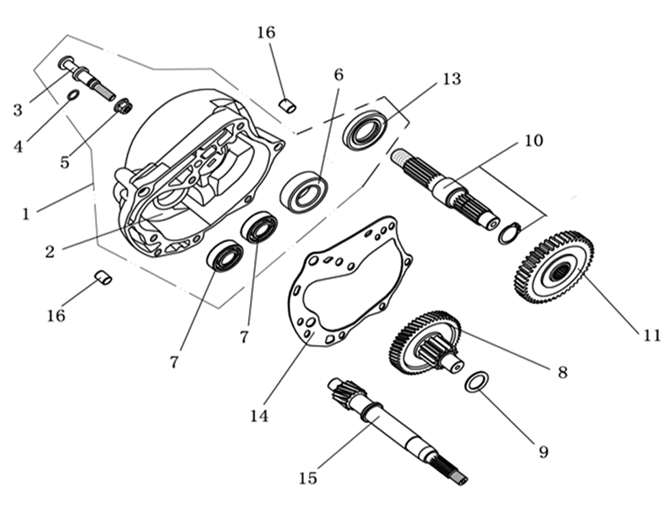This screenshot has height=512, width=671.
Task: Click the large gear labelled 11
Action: [554, 268]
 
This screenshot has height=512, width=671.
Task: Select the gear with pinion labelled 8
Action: [425, 342]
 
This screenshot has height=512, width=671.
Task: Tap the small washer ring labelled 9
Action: [477, 382]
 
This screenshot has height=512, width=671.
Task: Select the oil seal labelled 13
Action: [365, 129]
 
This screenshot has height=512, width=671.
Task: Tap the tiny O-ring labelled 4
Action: [73, 94]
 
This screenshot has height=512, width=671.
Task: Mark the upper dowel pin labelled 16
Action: [289, 105]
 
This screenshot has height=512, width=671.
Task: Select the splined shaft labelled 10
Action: [445, 188]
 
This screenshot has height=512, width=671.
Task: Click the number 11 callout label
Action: [652, 335]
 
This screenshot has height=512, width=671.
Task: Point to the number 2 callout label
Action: [49, 251]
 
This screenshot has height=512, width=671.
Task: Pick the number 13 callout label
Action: [451, 79]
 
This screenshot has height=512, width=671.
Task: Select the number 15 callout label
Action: [308, 477]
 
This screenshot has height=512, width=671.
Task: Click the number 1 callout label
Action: [25, 214]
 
